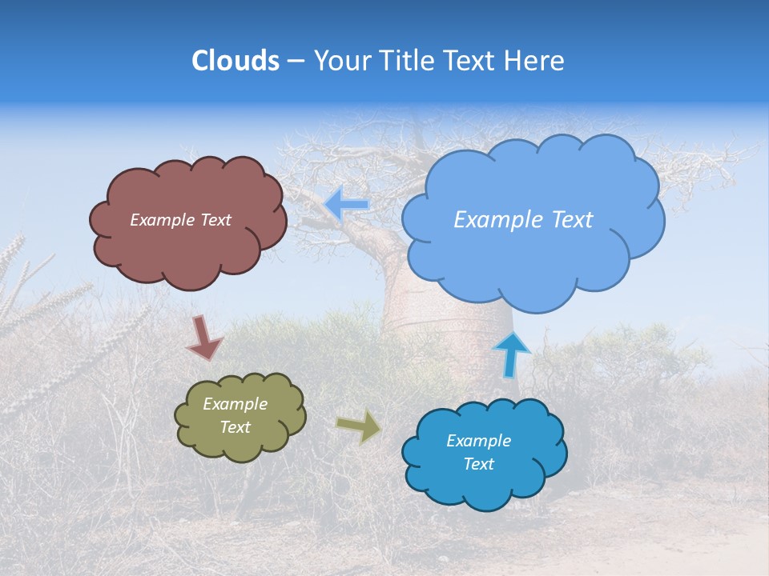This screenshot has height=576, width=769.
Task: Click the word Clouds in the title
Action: pyautogui.click(x=236, y=61)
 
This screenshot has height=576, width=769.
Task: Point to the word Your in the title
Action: pyautogui.click(x=341, y=61)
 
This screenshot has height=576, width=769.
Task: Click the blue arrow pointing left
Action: pyautogui.click(x=347, y=205)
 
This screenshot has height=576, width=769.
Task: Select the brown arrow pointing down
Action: pyautogui.click(x=203, y=338)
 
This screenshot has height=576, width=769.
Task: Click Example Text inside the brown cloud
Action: pyautogui.click(x=180, y=220)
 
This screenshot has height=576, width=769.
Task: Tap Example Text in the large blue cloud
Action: pyautogui.click(x=523, y=220)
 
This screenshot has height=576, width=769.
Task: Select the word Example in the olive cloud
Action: pyautogui.click(x=235, y=404)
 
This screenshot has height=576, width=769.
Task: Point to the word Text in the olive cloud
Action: pyautogui.click(x=235, y=427)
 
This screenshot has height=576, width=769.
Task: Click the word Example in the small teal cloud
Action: pyautogui.click(x=478, y=441)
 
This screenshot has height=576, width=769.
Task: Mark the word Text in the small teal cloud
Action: pyautogui.click(x=478, y=464)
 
